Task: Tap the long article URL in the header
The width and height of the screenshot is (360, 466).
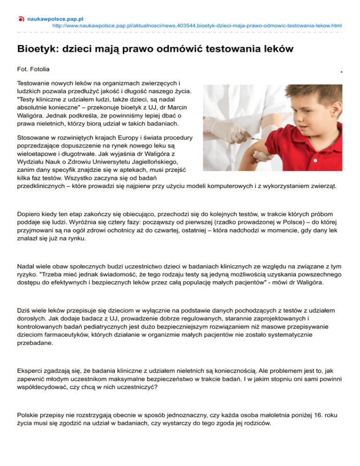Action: (x=197, y=26)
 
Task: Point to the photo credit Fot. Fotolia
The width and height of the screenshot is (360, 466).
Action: (x=34, y=68)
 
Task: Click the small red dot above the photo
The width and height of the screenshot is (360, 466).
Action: (x=342, y=72)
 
